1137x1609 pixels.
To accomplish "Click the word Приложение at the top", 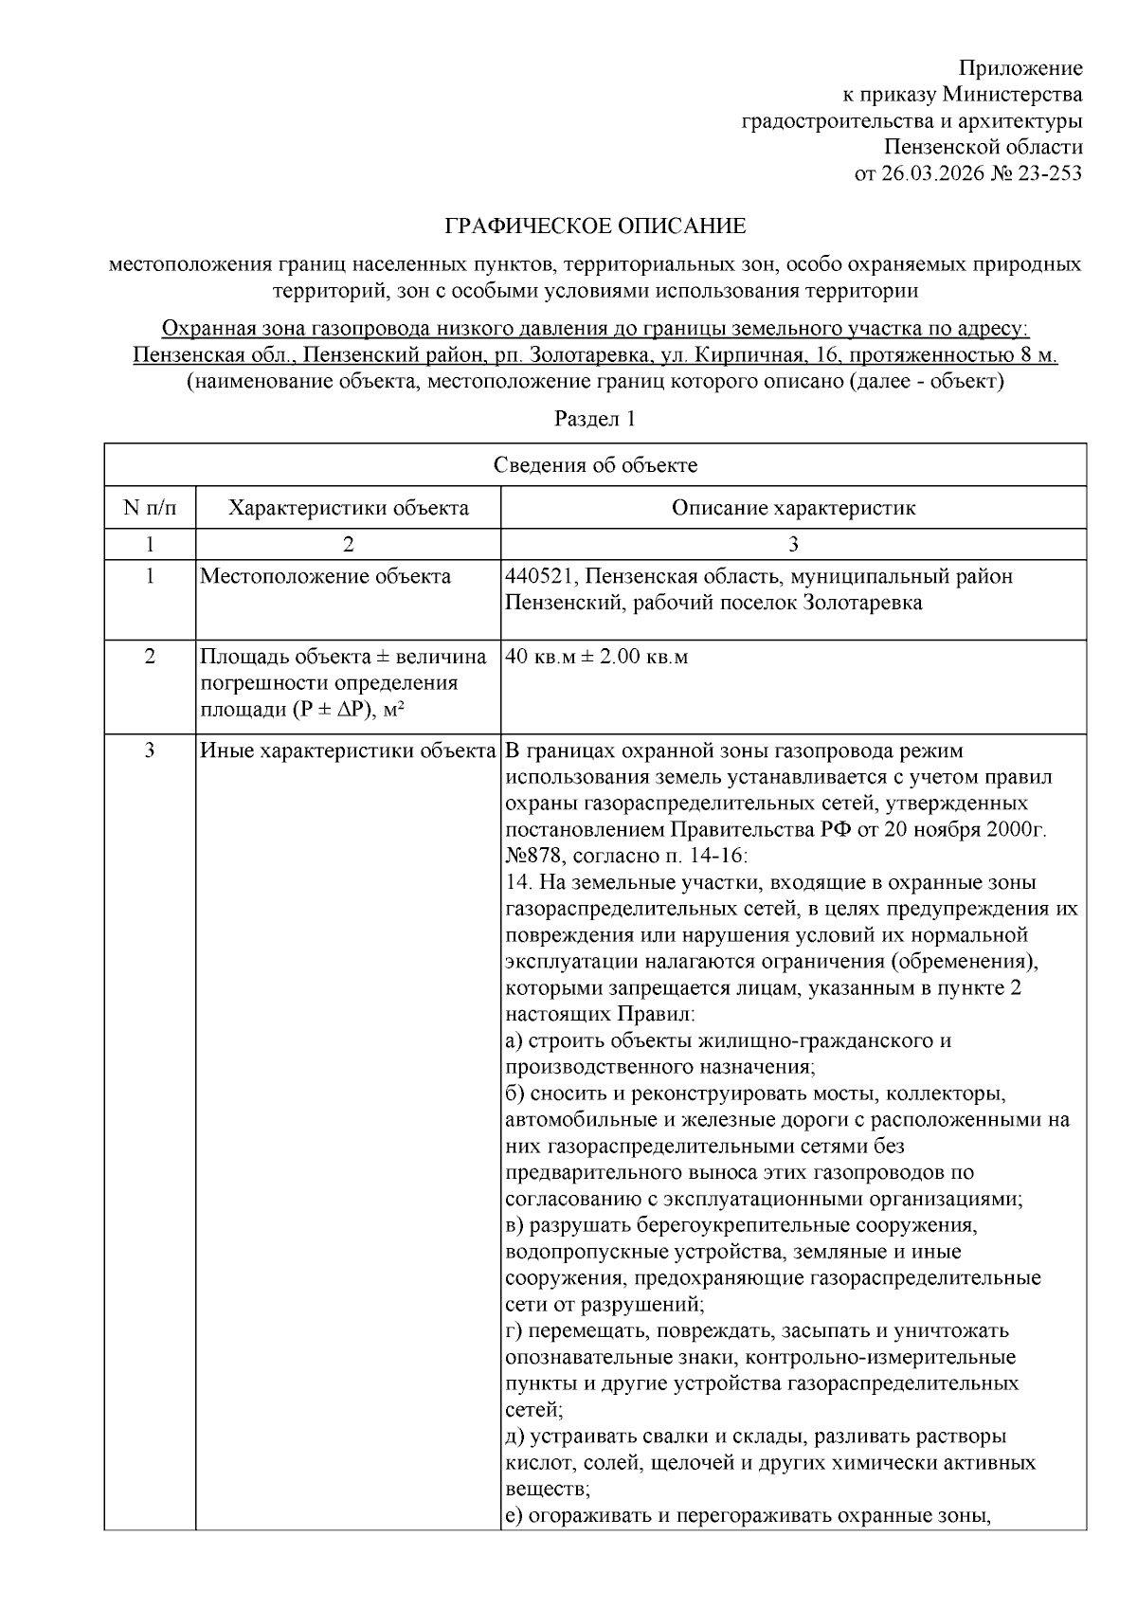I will pos(1020,68).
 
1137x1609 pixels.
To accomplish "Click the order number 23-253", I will pos(1050,173).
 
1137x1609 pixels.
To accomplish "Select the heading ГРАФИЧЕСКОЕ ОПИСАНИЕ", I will pos(595,226).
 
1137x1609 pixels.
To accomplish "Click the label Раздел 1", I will pos(595,419).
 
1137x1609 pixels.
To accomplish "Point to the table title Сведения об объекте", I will pos(595,465).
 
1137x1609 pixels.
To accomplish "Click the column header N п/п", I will pos(150,508).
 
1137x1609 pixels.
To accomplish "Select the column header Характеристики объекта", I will pos(348,508).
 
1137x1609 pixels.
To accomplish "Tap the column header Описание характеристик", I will pos(793,508).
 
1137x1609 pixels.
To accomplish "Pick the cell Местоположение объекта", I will pos(325,576).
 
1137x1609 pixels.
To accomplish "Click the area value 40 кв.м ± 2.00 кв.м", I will pos(597,657).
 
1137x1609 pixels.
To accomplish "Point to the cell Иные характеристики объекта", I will pos(348,751).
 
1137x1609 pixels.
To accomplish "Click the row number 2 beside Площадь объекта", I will pos(150,657).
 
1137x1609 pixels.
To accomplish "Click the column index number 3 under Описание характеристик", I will pos(793,544).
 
